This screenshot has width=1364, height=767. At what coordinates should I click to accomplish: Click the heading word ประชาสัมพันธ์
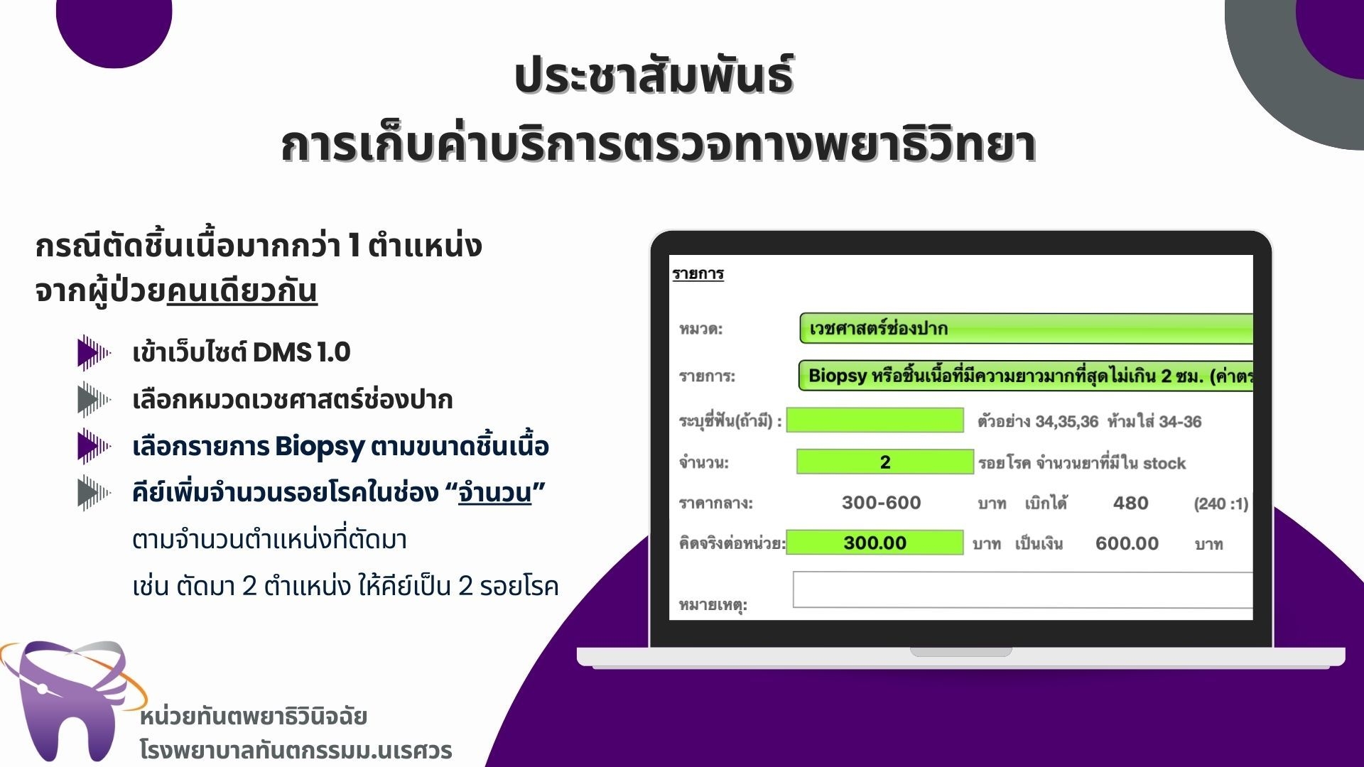654,76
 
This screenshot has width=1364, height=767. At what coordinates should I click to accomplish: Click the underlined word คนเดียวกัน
242,291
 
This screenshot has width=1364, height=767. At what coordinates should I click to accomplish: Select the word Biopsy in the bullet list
320,447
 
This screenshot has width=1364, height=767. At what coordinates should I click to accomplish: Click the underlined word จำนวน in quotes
495,491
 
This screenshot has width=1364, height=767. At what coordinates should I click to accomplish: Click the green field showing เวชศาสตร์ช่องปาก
1026,328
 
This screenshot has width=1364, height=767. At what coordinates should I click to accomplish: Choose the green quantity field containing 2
884,462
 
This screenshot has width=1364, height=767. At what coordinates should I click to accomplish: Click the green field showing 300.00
875,543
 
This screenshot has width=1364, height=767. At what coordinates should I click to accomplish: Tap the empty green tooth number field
875,420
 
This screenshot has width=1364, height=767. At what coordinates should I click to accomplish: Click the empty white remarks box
1022,589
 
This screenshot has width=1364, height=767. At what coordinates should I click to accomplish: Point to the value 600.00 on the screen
1127,543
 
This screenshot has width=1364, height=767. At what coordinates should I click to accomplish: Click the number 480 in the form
1130,503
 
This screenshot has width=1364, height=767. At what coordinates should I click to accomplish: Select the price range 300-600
881,503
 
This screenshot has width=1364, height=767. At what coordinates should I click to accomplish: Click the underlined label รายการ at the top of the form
698,274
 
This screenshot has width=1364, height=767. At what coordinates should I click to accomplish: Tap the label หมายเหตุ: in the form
713,605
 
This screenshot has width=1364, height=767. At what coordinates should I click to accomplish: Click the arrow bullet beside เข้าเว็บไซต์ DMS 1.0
94,352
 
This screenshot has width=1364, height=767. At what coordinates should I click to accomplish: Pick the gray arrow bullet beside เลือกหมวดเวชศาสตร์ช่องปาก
94,399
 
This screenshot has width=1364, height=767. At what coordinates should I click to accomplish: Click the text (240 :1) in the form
1220,504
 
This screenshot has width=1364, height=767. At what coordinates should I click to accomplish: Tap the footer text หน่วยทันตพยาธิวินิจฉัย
253,716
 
